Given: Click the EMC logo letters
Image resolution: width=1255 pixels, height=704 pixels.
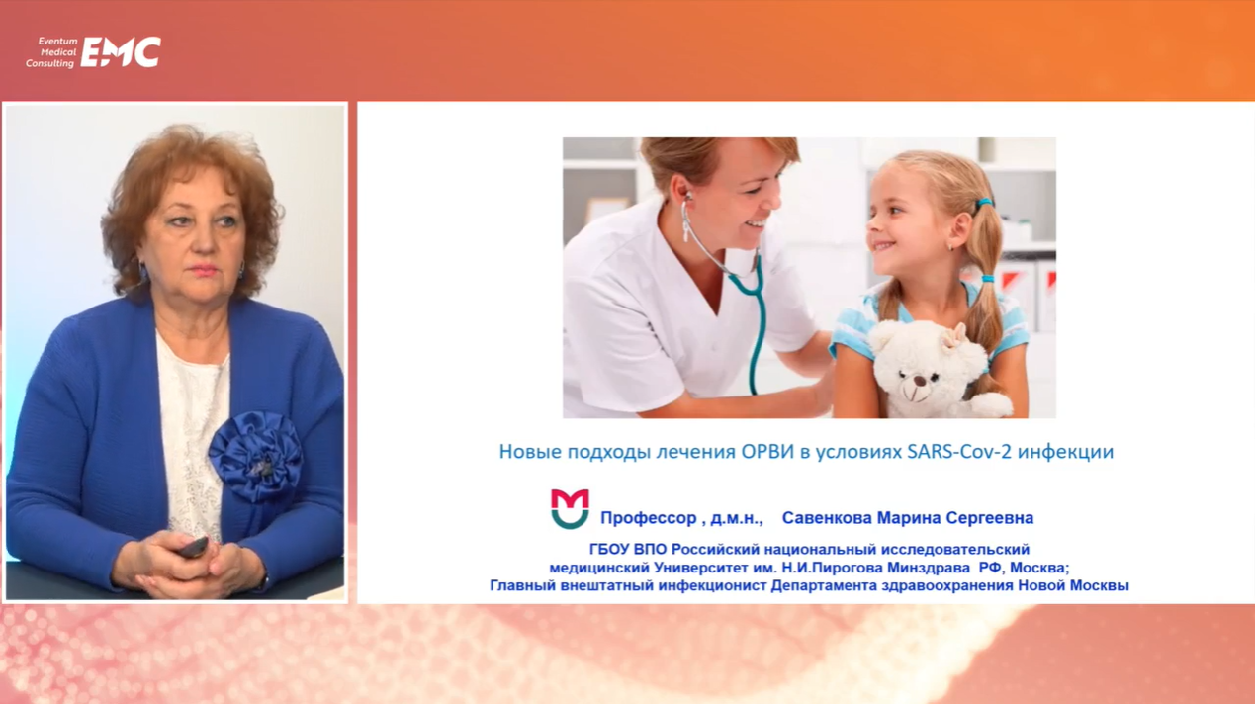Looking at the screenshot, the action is click(121, 52).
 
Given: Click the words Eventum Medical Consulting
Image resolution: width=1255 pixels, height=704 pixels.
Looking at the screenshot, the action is click(51, 52).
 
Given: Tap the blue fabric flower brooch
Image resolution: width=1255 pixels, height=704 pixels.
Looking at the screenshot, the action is click(255, 456).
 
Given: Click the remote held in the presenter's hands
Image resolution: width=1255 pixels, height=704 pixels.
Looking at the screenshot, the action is click(193, 547).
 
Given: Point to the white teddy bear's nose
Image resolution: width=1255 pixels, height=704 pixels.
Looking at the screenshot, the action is click(920, 381).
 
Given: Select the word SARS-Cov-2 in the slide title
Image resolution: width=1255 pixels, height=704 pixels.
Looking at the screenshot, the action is click(959, 452).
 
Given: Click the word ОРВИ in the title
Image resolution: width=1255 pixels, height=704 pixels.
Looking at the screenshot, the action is click(767, 452).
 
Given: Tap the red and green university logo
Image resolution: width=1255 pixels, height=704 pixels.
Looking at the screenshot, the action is click(570, 508).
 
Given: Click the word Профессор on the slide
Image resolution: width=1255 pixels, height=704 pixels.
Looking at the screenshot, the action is click(648, 518).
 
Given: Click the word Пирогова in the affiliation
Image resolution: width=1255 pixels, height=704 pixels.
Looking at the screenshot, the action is click(856, 568).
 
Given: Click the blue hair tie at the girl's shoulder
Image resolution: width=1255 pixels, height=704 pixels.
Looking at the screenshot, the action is click(987, 279).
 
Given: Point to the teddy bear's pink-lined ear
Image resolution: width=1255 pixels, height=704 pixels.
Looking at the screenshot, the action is click(953, 336).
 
